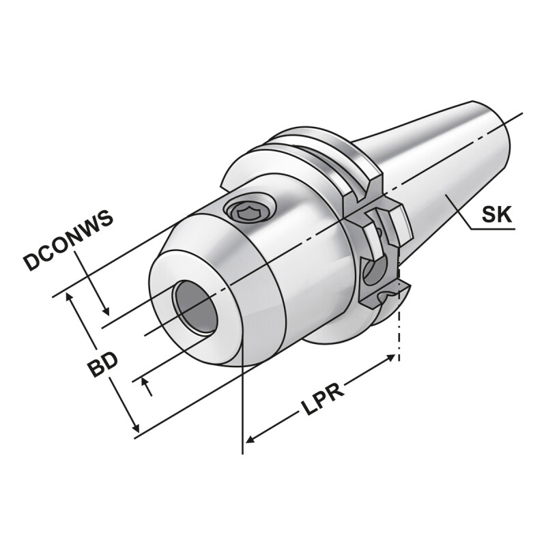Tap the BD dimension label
[x=102, y=365]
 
